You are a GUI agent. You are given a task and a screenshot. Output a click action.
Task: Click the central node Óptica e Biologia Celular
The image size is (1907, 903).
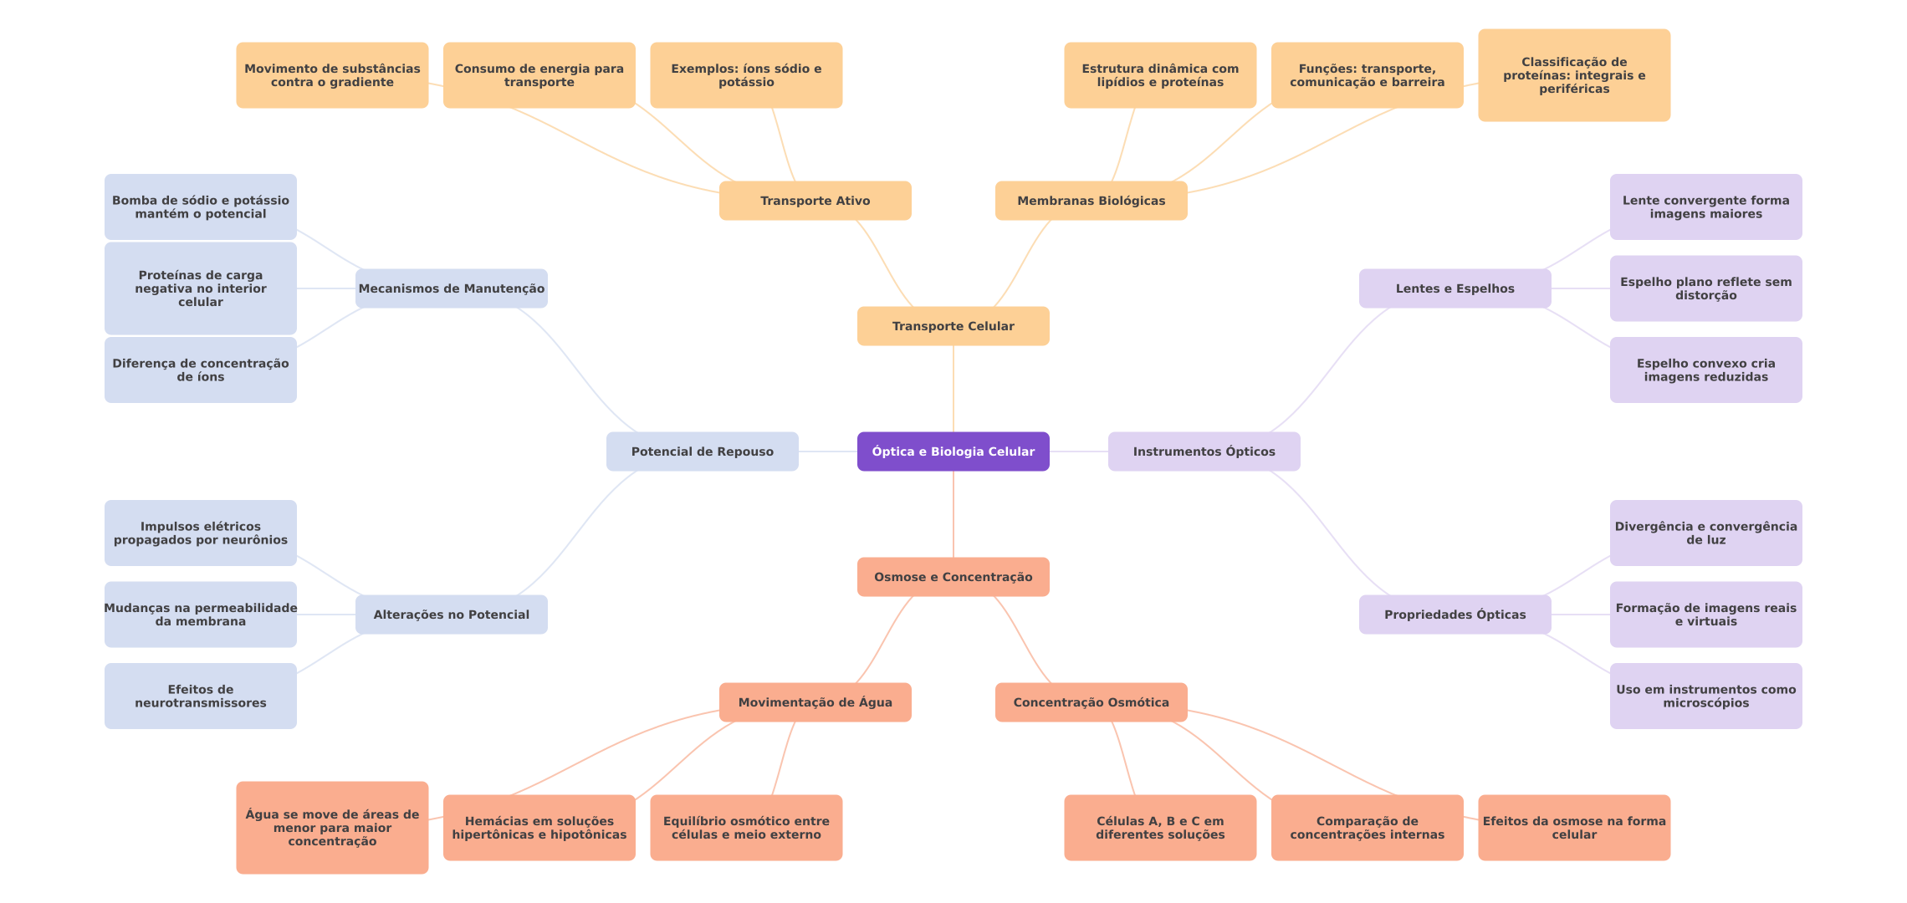(953, 451)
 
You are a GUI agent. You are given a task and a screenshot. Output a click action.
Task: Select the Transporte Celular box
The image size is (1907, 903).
(953, 326)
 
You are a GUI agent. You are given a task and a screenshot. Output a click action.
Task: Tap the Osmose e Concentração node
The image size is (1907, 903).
(953, 577)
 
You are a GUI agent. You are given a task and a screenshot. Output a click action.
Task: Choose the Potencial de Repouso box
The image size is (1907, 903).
(703, 451)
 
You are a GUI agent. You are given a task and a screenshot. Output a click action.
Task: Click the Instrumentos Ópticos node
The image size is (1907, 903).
(1204, 451)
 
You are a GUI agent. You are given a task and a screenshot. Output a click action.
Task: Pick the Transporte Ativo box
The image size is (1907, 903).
(815, 201)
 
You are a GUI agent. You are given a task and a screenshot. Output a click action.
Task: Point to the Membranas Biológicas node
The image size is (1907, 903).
(1092, 201)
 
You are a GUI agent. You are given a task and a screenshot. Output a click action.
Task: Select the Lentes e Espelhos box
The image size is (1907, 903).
(1455, 288)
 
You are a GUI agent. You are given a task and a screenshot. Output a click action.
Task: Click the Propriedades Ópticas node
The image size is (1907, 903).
(1455, 615)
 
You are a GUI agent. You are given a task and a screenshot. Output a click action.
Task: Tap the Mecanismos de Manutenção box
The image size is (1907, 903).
(452, 288)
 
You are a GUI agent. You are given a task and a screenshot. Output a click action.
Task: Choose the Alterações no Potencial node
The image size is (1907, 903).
(452, 615)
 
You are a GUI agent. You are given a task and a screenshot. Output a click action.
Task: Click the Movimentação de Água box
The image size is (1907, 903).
(815, 702)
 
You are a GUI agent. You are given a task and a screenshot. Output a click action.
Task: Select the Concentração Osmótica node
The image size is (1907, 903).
(1092, 702)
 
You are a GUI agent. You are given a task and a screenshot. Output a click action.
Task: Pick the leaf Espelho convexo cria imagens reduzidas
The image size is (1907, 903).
(1706, 370)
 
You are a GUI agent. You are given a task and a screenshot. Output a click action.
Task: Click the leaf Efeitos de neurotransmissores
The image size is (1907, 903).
(201, 696)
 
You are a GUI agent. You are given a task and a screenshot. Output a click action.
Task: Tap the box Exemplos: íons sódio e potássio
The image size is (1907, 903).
(746, 75)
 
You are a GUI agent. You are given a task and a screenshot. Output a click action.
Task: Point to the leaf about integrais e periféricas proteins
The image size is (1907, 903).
(1574, 75)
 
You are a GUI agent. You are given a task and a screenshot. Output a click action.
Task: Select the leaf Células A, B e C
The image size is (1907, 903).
(1160, 828)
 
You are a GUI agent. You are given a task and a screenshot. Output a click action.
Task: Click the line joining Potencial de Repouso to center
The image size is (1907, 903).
(828, 451)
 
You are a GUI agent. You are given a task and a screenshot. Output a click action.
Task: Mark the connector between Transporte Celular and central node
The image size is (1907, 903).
(953, 389)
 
